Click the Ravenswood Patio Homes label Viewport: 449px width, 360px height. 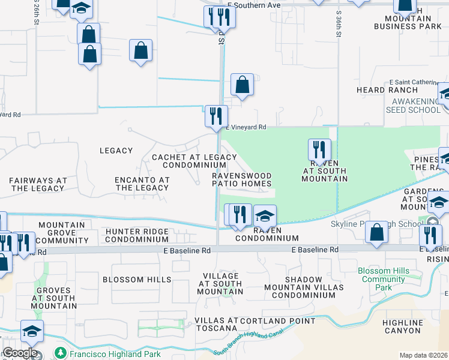241,179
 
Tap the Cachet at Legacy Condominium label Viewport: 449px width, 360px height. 194,161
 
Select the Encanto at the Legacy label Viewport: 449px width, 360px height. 142,184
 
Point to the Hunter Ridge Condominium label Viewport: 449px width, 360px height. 137,235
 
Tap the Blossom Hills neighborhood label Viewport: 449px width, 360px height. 132,280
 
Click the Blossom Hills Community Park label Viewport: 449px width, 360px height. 384,279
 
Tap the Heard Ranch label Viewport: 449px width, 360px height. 395,90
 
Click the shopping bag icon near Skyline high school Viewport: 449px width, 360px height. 376,232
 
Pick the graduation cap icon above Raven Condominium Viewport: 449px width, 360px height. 265,215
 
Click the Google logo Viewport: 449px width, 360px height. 20,353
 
